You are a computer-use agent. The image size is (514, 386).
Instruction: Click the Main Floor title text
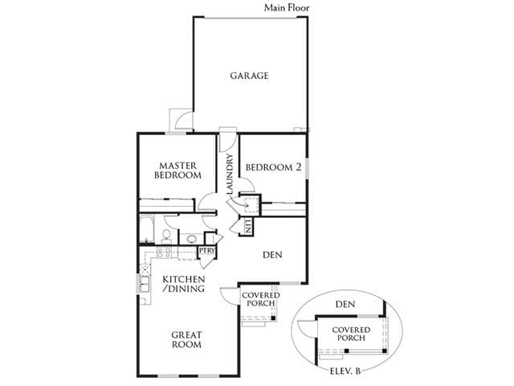287,7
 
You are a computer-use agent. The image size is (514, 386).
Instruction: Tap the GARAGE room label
249,76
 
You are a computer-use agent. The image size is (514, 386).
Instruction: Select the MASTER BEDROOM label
177,170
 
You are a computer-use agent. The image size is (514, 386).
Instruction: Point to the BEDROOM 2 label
273,167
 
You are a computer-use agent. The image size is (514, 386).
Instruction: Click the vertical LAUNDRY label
230,174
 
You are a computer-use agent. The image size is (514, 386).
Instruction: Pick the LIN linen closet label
248,226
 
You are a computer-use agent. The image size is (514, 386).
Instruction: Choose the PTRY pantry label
207,250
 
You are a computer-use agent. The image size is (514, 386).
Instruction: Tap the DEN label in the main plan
272,255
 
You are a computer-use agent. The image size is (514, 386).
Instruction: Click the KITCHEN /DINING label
184,284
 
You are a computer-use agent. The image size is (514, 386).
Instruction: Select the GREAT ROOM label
186,339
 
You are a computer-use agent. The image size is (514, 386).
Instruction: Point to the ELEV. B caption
345,372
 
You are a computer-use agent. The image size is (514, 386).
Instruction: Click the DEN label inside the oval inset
345,304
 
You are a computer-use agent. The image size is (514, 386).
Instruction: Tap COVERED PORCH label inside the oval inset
351,334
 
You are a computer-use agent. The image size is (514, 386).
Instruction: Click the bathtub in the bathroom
146,228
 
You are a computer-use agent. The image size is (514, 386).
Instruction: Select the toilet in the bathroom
166,236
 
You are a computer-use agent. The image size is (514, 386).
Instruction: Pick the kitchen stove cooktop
164,252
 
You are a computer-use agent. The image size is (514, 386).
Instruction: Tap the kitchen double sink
145,284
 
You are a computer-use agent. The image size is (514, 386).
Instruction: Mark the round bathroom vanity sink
191,239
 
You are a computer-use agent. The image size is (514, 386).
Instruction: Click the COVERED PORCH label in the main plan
260,299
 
